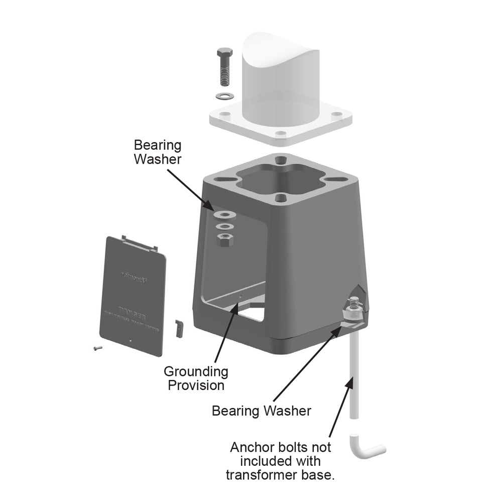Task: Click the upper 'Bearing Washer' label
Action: [x=157, y=152]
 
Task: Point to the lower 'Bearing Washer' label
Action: [x=261, y=411]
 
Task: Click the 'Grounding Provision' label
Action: [x=196, y=379]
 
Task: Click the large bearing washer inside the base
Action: [x=224, y=215]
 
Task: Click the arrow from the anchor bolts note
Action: [x=341, y=407]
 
